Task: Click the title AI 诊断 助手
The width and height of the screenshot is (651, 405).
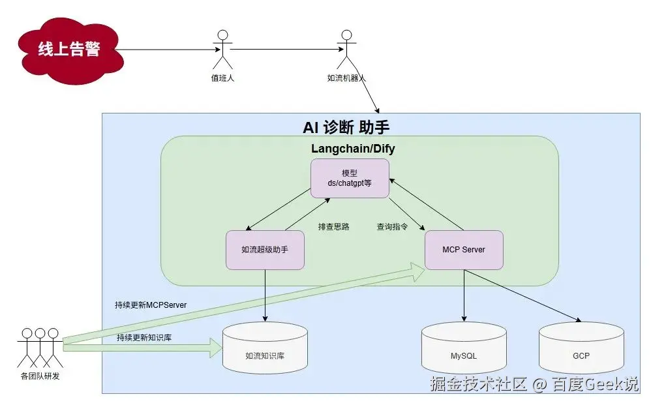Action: pyautogui.click(x=346, y=127)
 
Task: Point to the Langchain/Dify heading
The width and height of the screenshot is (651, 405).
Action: pyautogui.click(x=353, y=149)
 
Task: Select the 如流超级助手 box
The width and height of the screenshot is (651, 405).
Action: pyautogui.click(x=265, y=250)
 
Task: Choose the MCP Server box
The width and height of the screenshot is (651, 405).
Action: pyautogui.click(x=463, y=250)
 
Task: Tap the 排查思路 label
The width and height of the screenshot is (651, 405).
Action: pyautogui.click(x=333, y=227)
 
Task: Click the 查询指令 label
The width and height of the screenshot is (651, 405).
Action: pyautogui.click(x=392, y=227)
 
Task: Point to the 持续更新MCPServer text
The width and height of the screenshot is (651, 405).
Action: pyautogui.click(x=150, y=305)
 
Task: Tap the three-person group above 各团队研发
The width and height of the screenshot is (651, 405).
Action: pyautogui.click(x=40, y=346)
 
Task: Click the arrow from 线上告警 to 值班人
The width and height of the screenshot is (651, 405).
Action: pyautogui.click(x=166, y=50)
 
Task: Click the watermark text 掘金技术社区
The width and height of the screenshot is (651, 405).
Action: pyautogui.click(x=477, y=384)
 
